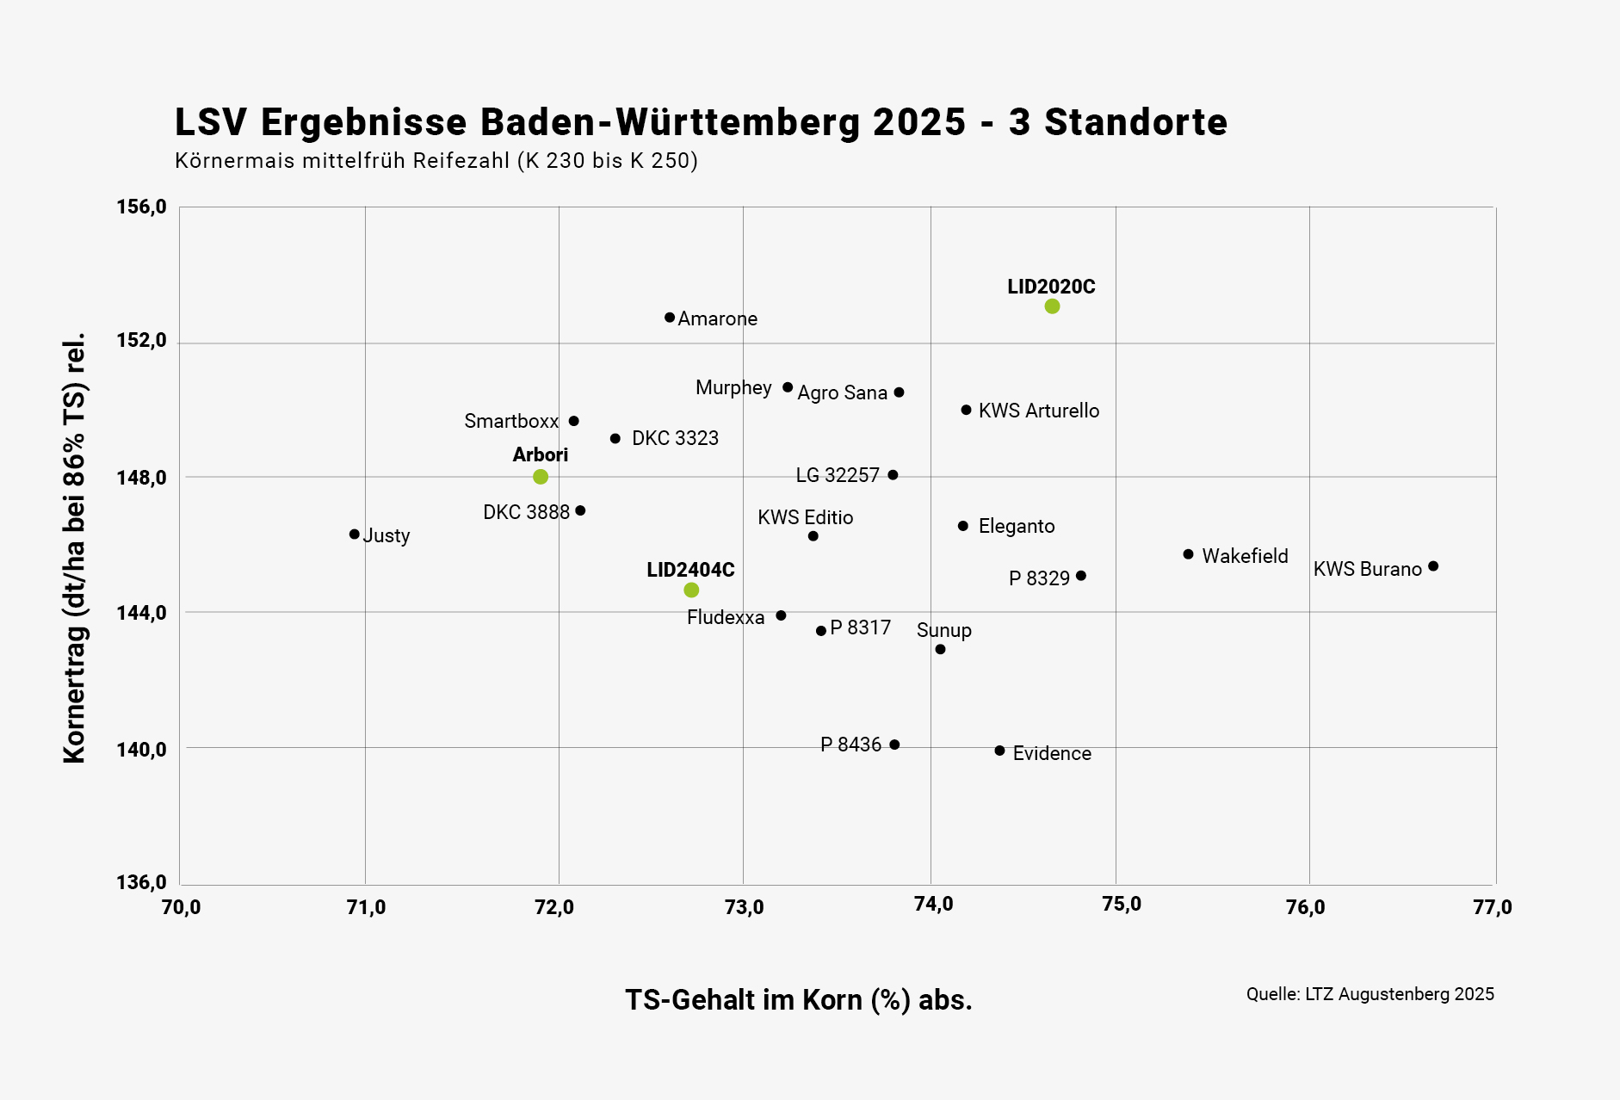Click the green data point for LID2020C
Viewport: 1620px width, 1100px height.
(x=1052, y=306)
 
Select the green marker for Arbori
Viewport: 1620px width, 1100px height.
(x=541, y=477)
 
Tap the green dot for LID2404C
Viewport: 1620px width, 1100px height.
(x=691, y=590)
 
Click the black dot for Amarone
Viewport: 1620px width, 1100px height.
(x=670, y=318)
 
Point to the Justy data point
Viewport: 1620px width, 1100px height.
(x=355, y=535)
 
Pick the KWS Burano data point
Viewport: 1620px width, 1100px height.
(x=1433, y=566)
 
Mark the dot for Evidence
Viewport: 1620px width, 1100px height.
(x=999, y=751)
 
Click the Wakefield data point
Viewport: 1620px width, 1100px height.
(x=1189, y=554)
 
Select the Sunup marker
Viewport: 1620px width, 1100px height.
(x=940, y=649)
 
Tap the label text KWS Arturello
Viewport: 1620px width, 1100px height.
(x=1039, y=411)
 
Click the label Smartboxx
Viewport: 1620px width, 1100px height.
(x=511, y=421)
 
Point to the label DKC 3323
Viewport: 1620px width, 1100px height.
(x=675, y=438)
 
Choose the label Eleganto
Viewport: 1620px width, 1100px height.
(x=1017, y=526)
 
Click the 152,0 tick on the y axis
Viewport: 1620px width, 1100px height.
(x=141, y=341)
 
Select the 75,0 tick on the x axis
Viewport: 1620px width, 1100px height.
(x=1121, y=905)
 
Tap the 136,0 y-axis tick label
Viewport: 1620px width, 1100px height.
(x=141, y=883)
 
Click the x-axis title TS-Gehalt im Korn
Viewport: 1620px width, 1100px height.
(x=798, y=1000)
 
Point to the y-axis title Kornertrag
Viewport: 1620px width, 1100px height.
(x=75, y=547)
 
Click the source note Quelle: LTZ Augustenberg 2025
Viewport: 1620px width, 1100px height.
(x=1370, y=994)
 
